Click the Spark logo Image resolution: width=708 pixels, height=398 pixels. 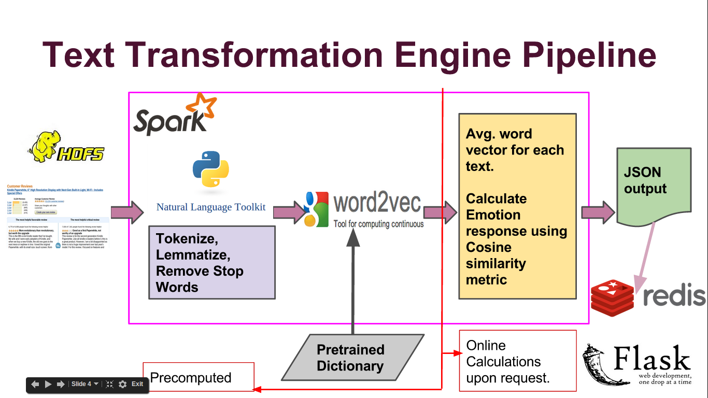pos(174,115)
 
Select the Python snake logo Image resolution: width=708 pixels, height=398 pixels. pos(210,169)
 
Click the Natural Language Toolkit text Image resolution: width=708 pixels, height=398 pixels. pos(211,207)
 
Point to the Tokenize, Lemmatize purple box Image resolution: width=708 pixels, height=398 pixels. pos(211,262)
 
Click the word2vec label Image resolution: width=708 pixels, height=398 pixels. pos(377,204)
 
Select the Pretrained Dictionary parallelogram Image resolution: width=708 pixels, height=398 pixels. pos(351,358)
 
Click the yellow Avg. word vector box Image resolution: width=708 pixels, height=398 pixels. pos(517,206)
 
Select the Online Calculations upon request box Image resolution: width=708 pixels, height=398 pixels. pos(518,361)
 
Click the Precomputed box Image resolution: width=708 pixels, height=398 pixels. pos(199,378)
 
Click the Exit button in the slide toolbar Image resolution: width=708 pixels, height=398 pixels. pos(137,384)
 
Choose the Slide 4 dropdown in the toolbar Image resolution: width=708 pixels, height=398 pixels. pos(84,384)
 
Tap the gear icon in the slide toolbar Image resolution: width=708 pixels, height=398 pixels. pos(122,384)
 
